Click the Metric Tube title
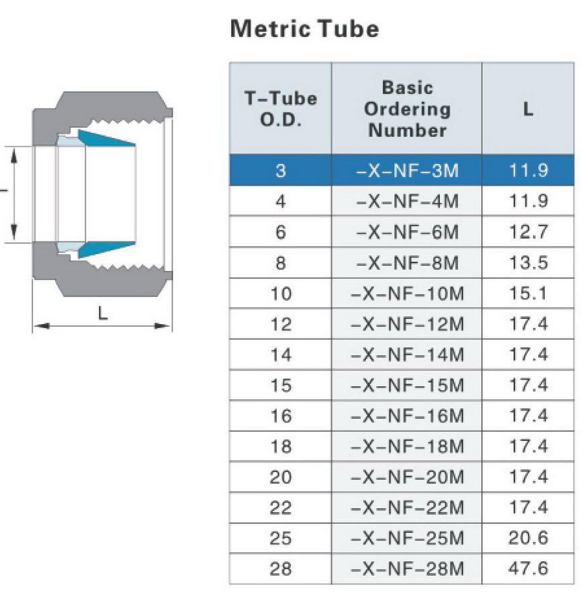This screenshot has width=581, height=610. [304, 29]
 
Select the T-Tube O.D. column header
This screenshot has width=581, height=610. [281, 109]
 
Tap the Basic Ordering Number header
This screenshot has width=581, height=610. [407, 109]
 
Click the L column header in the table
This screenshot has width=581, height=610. [528, 109]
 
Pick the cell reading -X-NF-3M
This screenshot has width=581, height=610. [407, 170]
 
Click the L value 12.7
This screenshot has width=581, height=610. [528, 232]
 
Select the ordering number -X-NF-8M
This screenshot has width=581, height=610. [407, 262]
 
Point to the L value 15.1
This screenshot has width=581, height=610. [528, 293]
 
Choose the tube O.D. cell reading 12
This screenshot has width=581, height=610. [281, 323]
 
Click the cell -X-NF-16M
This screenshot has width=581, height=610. [407, 416]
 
